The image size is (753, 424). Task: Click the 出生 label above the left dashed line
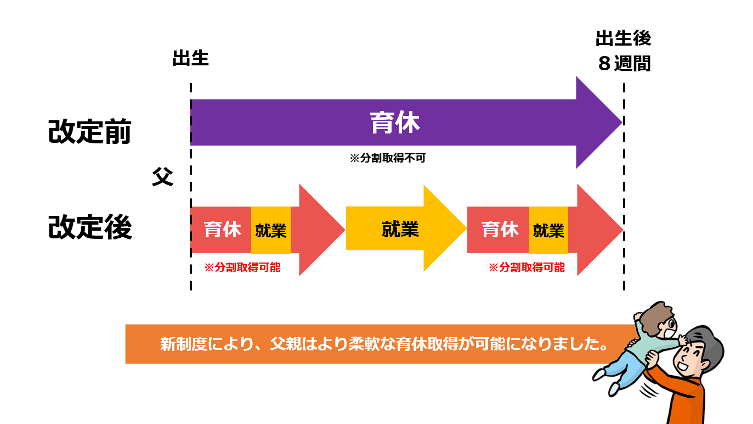tap(191, 58)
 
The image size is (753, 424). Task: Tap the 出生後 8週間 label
tap(624, 51)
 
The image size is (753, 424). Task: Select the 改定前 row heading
tap(89, 131)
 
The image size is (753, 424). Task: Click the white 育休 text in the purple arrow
tap(395, 122)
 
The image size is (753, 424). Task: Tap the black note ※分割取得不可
tap(388, 158)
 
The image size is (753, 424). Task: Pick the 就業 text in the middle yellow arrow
tap(400, 230)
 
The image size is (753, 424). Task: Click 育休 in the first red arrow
tap(222, 230)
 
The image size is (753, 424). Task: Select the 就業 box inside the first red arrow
tap(270, 230)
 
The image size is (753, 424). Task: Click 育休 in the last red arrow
tap(500, 230)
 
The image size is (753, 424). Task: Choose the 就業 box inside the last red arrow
tap(548, 230)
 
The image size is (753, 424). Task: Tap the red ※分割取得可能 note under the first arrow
tap(242, 267)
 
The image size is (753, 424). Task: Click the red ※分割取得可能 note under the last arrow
tap(526, 267)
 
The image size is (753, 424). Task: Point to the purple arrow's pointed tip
tap(621, 122)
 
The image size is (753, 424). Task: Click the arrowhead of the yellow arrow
tap(445, 228)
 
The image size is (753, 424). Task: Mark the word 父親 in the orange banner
tap(286, 344)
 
